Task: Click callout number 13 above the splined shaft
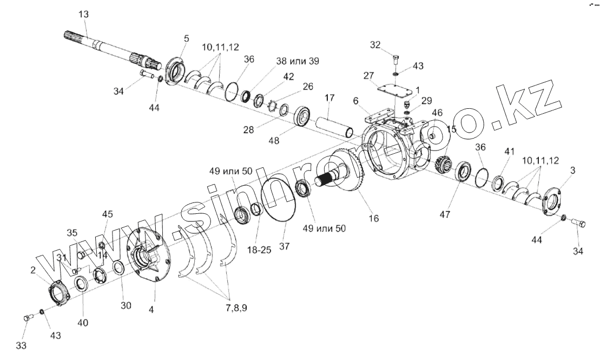(83, 14)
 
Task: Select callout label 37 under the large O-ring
(285, 246)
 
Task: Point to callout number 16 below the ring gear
(374, 218)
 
